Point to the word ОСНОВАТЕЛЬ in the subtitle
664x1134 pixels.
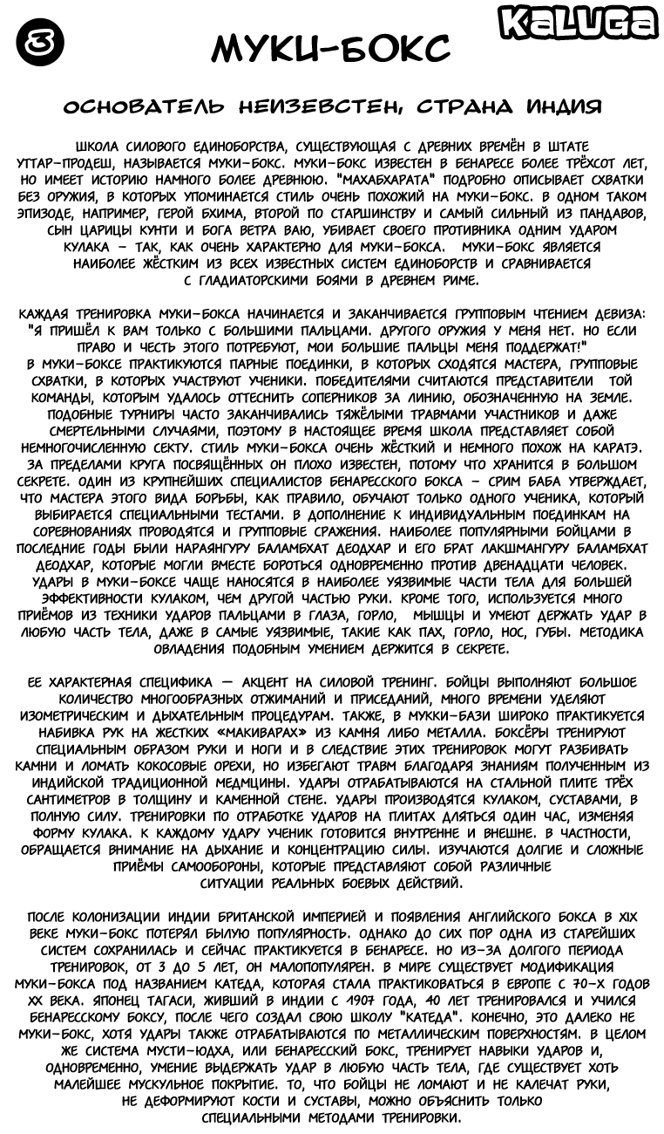[143, 107]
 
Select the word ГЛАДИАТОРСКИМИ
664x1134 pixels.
[257, 280]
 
